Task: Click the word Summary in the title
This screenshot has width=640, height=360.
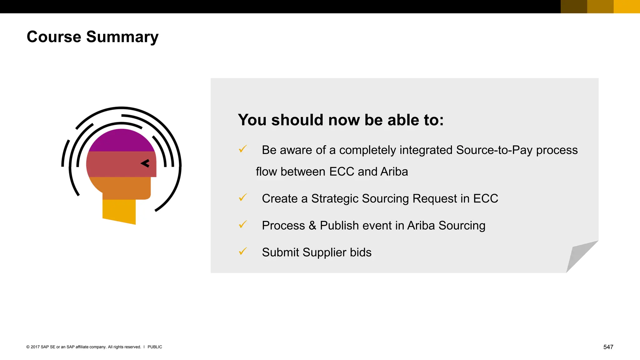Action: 122,37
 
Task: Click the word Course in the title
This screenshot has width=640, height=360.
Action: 54,37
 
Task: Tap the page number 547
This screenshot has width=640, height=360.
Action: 608,347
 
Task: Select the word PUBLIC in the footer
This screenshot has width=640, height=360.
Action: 155,347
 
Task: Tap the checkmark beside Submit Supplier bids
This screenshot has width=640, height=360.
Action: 243,251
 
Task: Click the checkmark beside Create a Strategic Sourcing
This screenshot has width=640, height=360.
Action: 243,197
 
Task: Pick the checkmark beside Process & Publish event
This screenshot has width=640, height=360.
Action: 243,224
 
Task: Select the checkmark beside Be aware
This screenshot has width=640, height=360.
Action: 243,149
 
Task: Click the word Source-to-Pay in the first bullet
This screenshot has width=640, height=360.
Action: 494,150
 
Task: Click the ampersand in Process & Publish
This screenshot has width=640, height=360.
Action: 312,226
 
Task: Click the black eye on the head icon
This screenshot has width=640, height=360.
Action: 145,163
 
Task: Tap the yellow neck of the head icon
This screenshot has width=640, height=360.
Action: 119,211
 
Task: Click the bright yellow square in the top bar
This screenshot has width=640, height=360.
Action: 627,7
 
